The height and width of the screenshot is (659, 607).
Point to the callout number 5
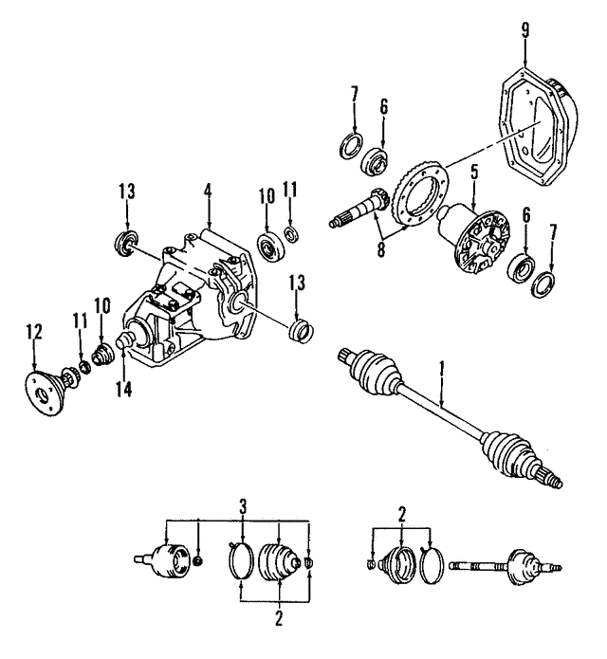pyautogui.click(x=473, y=174)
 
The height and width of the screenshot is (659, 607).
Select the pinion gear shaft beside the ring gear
pyautogui.click(x=357, y=214)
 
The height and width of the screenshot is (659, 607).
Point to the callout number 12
pyautogui.click(x=35, y=332)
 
